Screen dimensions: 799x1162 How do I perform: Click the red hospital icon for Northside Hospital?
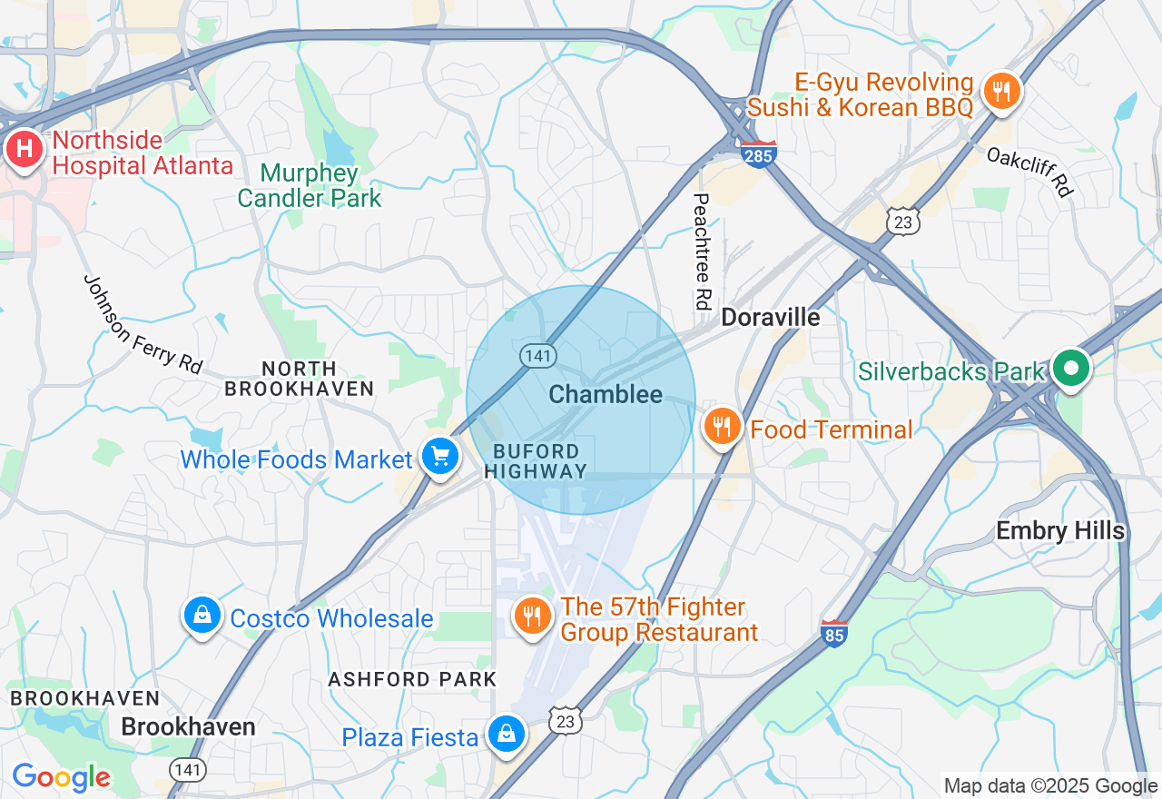point(25,149)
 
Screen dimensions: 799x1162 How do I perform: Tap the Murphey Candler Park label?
point(310,185)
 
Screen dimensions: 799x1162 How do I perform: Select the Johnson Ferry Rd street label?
point(143,324)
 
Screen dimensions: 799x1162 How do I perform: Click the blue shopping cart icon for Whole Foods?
point(440,456)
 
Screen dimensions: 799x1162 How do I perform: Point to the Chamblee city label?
point(606,394)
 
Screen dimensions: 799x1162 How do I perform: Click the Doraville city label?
point(770,317)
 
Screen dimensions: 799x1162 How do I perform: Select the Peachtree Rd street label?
point(701,252)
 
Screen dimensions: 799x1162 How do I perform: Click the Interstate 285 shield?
point(757,155)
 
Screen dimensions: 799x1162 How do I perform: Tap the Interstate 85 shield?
point(833,633)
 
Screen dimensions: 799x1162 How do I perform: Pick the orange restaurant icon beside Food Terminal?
point(723,428)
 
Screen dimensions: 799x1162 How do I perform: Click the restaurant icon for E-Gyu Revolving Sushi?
point(1001,92)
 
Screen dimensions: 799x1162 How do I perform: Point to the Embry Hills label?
point(1060,530)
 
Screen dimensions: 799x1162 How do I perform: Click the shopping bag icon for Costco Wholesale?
point(202,616)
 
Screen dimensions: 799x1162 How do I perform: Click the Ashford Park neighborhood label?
point(412,679)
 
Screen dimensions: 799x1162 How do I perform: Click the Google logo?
point(60,777)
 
